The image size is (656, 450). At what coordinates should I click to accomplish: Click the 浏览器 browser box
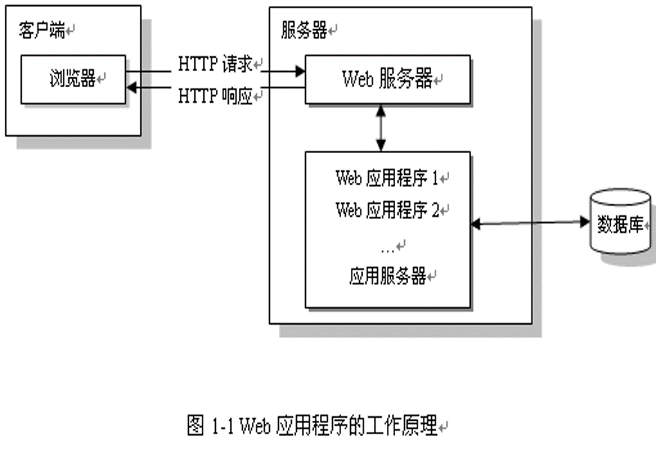(x=73, y=79)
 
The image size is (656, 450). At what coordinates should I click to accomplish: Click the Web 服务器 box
(x=387, y=79)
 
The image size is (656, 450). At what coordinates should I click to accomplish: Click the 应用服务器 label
(x=388, y=277)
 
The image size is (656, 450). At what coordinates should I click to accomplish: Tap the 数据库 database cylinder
(x=621, y=223)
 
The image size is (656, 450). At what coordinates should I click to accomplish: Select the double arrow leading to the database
(x=529, y=223)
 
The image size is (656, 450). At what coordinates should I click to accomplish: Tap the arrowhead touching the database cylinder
(x=585, y=222)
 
